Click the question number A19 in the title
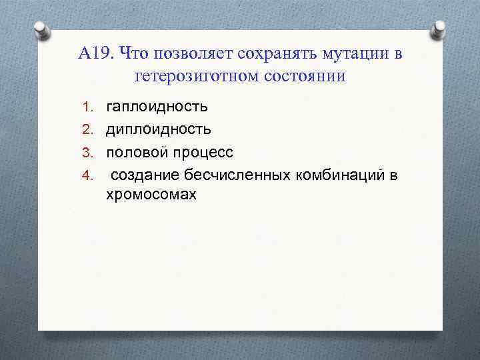(x=96, y=53)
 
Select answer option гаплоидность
(x=157, y=107)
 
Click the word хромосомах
(x=151, y=195)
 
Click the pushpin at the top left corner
(x=41, y=29)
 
